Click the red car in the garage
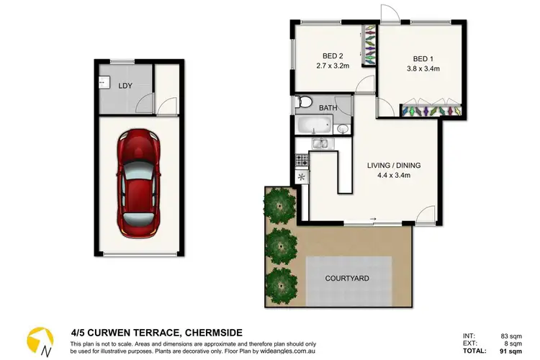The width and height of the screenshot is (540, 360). pyautogui.click(x=138, y=183)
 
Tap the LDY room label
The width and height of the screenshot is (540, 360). pyautogui.click(x=125, y=86)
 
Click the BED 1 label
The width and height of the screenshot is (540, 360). pyautogui.click(x=424, y=59)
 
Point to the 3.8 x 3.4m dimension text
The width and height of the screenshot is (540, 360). pyautogui.click(x=424, y=70)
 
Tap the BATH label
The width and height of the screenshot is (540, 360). pyautogui.click(x=328, y=108)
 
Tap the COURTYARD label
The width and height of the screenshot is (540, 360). pyautogui.click(x=348, y=277)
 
